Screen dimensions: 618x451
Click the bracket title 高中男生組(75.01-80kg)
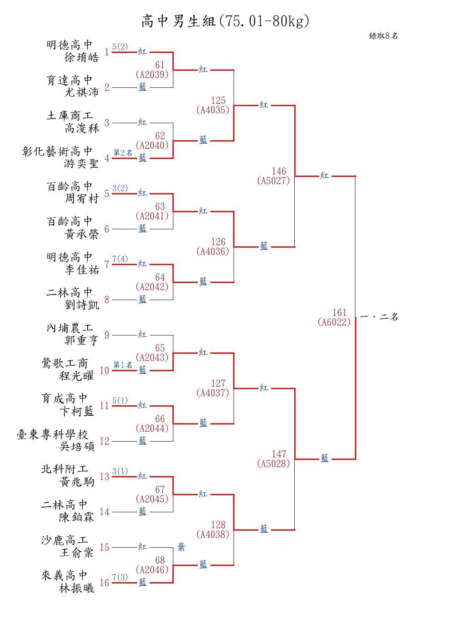tap(225, 21)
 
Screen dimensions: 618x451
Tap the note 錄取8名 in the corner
tap(383, 36)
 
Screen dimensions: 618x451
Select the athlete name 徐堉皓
tap(81, 57)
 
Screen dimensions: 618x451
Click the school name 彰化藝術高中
tap(57, 151)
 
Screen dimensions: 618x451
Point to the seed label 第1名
tap(123, 365)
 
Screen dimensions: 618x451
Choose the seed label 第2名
tap(123, 153)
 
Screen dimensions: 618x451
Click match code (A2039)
tap(152, 74)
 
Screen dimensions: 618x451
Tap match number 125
tap(218, 100)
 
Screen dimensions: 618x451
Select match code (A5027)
tap(274, 181)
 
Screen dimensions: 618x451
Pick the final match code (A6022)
tap(334, 322)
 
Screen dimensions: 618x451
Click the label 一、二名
tap(379, 317)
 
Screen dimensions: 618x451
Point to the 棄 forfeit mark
tap(181, 547)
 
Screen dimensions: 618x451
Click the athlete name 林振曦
tap(76, 588)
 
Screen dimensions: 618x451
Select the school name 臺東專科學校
tap(52, 434)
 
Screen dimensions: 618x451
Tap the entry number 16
tap(104, 583)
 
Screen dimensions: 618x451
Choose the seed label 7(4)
tap(120, 259)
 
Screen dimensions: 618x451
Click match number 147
tap(279, 454)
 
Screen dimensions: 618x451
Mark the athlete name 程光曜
tap(76, 376)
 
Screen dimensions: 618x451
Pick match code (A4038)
tap(213, 534)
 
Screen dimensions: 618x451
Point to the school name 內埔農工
tap(69, 328)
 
